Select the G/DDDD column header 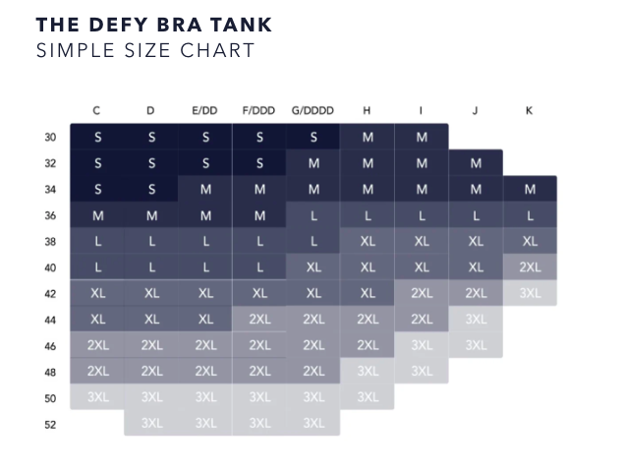coord(313,111)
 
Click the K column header coord(530,111)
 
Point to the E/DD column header coord(204,111)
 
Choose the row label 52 coord(50,425)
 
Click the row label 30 coord(50,138)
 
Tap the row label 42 coord(50,293)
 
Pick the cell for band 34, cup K coord(530,189)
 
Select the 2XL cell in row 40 coord(530,267)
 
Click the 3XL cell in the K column coord(530,293)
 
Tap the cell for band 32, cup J coord(476,163)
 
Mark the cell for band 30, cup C coord(97,138)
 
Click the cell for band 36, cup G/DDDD coord(313,215)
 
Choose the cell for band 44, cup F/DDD coord(259,320)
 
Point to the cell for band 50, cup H coord(368,397)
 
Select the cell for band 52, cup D coord(151,424)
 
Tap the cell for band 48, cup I coord(422,372)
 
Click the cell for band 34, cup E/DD coord(205,189)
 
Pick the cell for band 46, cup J coord(476,345)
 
